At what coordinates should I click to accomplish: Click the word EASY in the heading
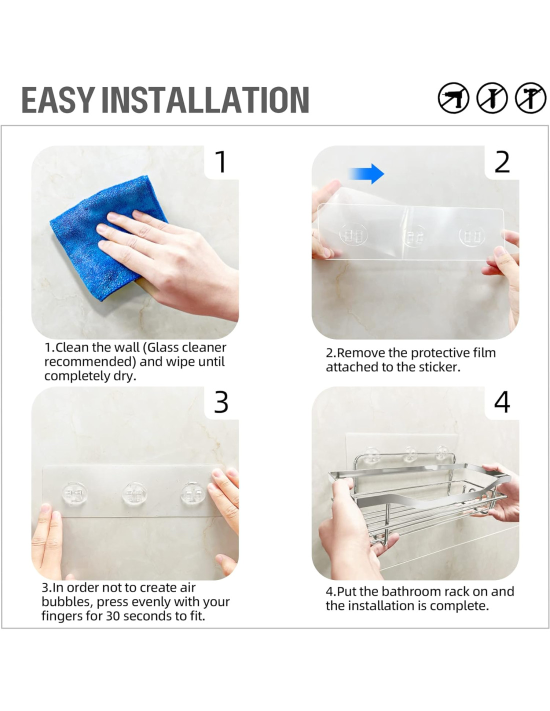58,100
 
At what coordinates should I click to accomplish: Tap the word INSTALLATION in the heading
205,100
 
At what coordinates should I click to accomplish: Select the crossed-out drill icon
453,98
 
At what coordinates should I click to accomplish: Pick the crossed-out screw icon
492,98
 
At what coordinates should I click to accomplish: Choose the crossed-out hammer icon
530,98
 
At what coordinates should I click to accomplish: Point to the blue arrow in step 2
366,173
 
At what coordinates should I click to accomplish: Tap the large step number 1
221,162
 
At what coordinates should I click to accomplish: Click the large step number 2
502,162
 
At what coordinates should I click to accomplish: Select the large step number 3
221,402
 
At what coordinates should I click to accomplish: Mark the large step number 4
502,402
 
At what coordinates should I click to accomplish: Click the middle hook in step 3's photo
134,493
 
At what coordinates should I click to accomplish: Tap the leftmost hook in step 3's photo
74,493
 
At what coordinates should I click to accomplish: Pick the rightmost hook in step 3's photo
192,493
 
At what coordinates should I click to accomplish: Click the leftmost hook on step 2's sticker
353,234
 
